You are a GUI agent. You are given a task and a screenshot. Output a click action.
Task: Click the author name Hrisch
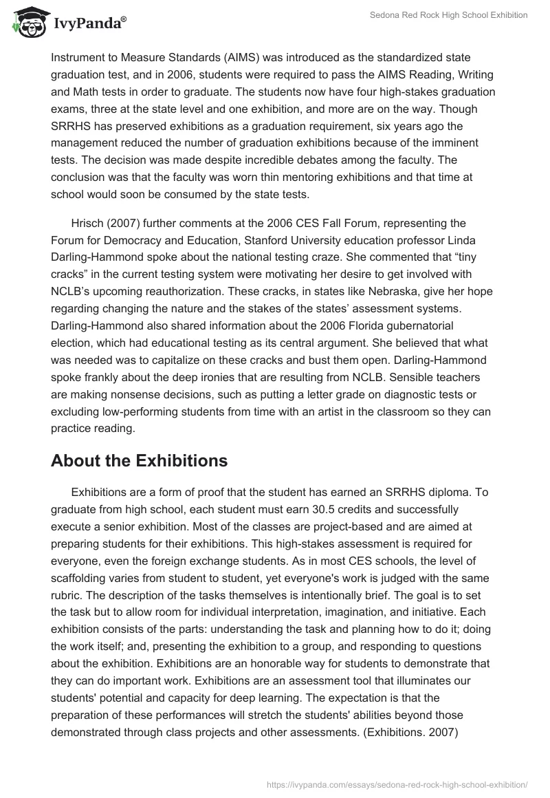pos(87,223)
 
